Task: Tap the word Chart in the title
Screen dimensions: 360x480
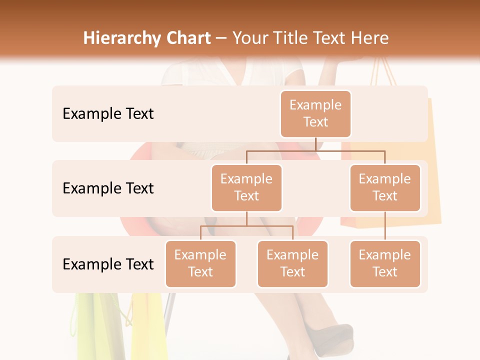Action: pos(186,38)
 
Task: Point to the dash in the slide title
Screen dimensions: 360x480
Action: pos(221,38)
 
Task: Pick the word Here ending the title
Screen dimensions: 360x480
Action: pos(369,38)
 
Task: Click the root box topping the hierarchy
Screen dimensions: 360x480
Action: pos(315,114)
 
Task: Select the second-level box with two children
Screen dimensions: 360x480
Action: pos(246,188)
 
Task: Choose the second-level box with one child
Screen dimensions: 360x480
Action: pos(385,188)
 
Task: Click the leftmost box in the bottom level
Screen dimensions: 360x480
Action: pos(200,264)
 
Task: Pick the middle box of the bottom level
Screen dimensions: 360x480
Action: pos(292,264)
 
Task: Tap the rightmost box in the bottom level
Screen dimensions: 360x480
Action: pos(385,264)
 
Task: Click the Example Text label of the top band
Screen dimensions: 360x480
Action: pos(108,114)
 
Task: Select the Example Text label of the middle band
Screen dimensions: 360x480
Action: pos(108,188)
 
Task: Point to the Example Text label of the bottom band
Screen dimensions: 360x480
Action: pos(108,264)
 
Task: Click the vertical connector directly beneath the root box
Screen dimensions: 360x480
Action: pos(315,143)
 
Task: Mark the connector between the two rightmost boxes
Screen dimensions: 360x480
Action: pos(385,226)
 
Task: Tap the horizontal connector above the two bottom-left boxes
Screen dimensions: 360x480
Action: pos(246,226)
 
